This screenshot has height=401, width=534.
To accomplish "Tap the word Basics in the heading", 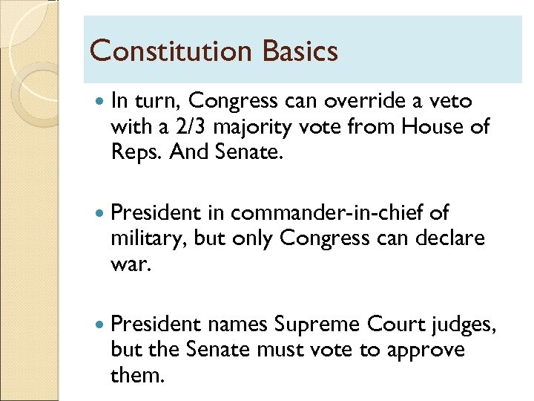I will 300,51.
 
